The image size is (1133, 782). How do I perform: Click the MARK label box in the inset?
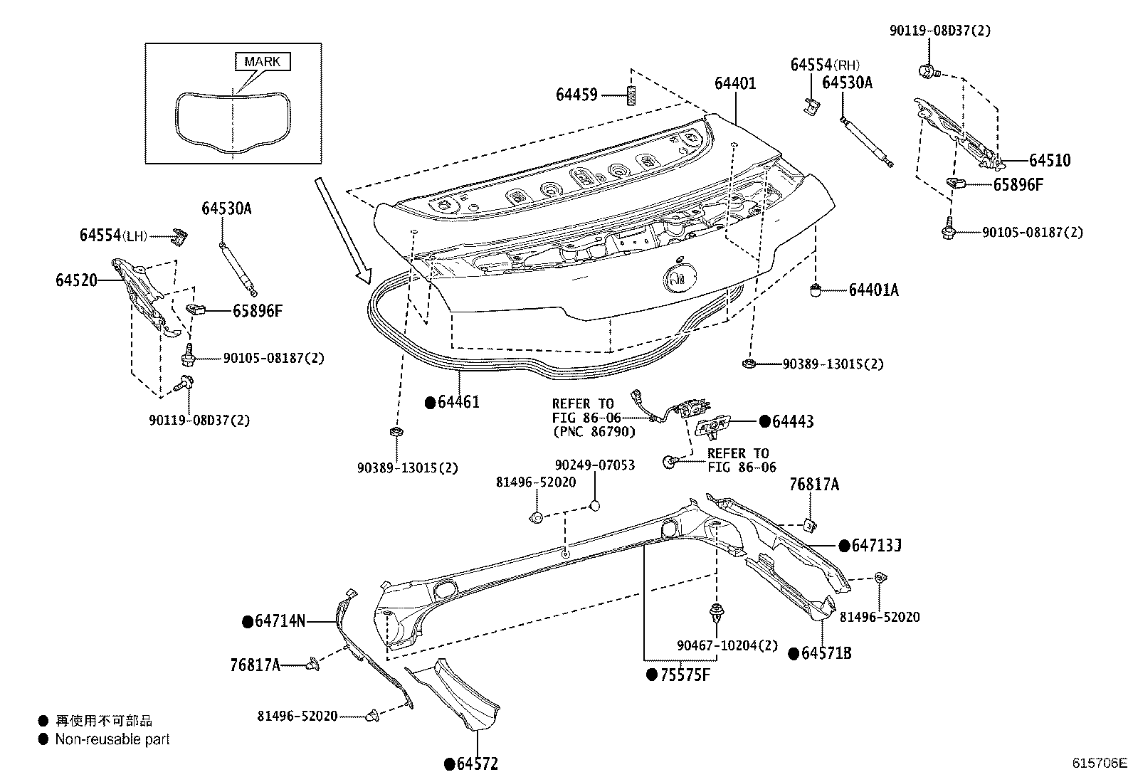(x=263, y=62)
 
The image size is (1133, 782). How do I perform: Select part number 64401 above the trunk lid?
(x=735, y=84)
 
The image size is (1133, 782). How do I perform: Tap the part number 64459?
(x=576, y=95)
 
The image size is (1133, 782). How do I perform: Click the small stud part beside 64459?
(x=630, y=95)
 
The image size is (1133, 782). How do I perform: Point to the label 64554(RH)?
(x=825, y=65)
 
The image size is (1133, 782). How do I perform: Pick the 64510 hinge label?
(x=1049, y=162)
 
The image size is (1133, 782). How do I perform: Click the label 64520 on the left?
(x=76, y=280)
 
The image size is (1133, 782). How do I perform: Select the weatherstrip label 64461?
(x=458, y=402)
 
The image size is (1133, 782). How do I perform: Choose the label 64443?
(x=793, y=422)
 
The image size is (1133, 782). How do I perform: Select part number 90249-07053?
(x=594, y=465)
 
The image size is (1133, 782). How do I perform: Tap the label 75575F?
(x=685, y=675)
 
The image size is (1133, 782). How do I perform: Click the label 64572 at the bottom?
(x=477, y=764)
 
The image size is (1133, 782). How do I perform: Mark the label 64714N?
(x=280, y=621)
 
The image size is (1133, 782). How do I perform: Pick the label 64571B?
(x=826, y=653)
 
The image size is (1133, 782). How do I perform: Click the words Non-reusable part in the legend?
(x=112, y=740)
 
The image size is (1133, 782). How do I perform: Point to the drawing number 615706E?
(x=1100, y=763)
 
